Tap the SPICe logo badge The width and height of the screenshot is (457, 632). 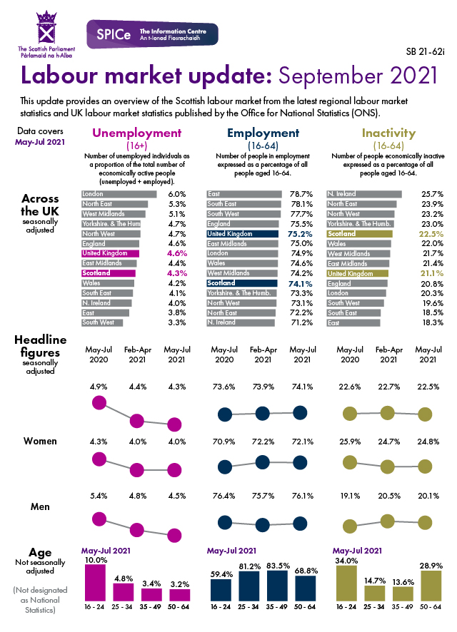point(151,34)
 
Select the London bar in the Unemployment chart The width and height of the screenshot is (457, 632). point(119,194)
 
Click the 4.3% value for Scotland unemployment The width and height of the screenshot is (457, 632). point(176,272)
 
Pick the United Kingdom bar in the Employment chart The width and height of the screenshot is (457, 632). point(241,233)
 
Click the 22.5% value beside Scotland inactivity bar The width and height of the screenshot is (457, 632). point(432,233)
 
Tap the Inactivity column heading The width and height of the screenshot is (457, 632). point(388,133)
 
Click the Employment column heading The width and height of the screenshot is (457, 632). point(263,133)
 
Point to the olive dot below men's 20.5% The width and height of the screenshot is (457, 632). point(388,520)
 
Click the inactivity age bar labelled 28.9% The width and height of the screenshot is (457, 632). point(431,585)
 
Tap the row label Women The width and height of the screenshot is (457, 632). point(40,441)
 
